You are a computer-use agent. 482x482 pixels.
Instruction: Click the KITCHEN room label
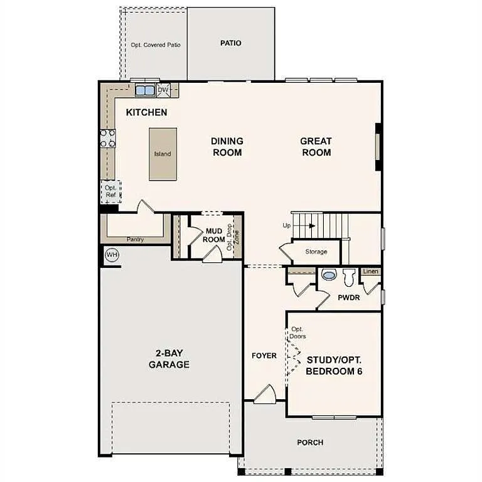coord(146,112)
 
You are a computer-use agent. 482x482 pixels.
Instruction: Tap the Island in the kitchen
coord(163,154)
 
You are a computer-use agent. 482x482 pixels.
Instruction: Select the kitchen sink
coord(145,90)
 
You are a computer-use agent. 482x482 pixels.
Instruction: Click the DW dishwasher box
coord(163,90)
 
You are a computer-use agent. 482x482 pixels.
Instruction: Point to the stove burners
coord(108,138)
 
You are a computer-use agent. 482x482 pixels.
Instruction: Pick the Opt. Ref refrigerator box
coord(110,191)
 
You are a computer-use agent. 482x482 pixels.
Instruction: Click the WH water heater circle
coord(112,255)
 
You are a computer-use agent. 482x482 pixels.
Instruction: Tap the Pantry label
coord(135,239)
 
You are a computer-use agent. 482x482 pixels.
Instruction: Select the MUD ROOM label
coord(215,235)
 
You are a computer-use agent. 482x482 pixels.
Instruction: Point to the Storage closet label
coord(316,252)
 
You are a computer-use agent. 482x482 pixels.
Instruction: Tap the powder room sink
coord(328,274)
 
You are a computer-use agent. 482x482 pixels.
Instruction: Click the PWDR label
coord(348,297)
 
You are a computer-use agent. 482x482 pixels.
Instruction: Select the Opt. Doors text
coord(297,333)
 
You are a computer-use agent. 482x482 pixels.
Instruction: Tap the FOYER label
coord(264,356)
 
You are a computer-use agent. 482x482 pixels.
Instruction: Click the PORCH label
coord(310,442)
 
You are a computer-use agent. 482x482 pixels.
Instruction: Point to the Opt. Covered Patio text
coord(156,45)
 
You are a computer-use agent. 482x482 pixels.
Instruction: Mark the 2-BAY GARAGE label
coord(169,359)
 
